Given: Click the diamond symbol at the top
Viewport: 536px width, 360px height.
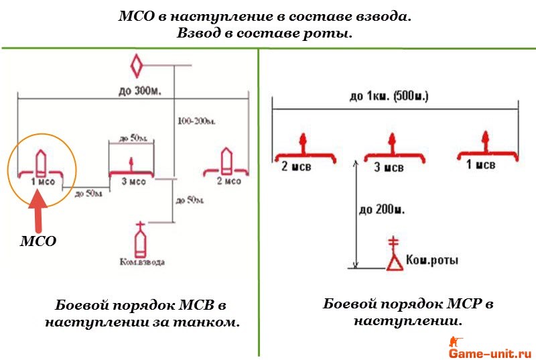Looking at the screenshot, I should click(x=137, y=67).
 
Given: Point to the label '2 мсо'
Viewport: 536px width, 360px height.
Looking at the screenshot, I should click(x=228, y=181).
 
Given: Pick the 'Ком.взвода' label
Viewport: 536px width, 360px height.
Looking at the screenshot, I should click(x=140, y=261).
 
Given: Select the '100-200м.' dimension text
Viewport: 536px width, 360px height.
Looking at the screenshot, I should click(x=196, y=121).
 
